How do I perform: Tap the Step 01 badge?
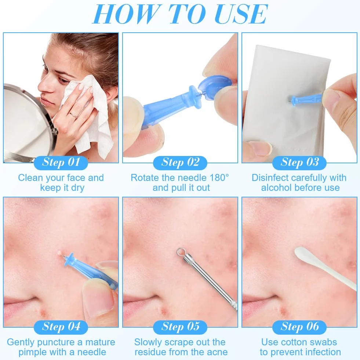coord(61,163)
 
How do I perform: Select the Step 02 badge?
coord(180,163)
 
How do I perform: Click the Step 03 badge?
coord(299,163)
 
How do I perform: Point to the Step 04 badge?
coord(61,327)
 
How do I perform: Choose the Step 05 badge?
coord(180,327)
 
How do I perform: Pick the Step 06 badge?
coord(299,327)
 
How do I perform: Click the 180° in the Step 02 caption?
coord(219,178)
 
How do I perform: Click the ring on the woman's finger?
coord(73,115)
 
